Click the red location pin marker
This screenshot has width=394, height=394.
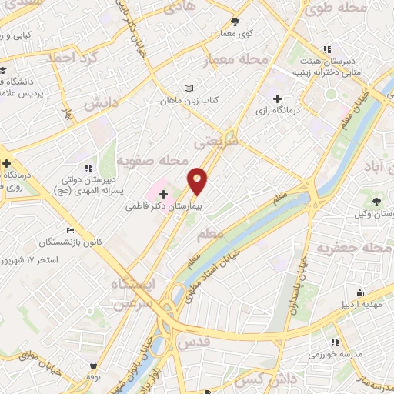coord(198,180)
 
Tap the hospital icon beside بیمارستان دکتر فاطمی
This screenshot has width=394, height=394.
coord(163,194)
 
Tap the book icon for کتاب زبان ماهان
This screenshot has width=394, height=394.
coord(189,88)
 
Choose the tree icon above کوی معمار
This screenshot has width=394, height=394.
coord(235,22)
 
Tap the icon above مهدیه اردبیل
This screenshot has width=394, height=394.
coord(359,292)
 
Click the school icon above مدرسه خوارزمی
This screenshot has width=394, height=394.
coord(335,342)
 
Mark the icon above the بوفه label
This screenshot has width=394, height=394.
coord(93,366)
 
